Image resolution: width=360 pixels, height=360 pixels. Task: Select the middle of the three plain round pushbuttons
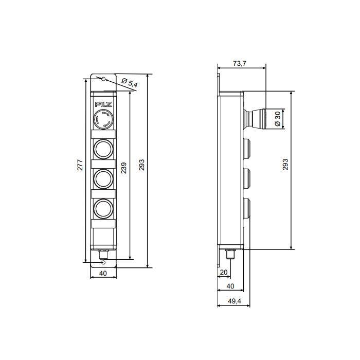point(103,178)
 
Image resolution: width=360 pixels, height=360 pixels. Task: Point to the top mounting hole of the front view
point(103,79)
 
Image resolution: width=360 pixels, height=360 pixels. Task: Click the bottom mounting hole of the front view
point(103,261)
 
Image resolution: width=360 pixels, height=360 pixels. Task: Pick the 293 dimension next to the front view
point(142,165)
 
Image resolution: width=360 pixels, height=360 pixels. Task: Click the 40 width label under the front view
point(103,274)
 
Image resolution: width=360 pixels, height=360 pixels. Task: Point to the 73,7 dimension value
point(240,63)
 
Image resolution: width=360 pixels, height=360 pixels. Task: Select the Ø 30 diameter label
point(277,119)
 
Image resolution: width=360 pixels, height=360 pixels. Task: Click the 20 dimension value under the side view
point(224,272)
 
